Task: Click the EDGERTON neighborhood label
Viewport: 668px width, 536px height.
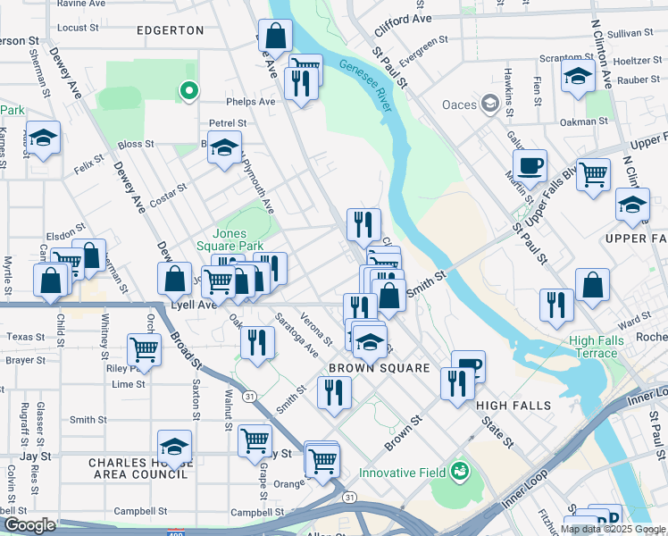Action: tap(170, 29)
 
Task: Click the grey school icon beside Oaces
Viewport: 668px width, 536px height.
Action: tap(489, 105)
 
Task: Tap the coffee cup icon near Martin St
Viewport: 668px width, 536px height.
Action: tap(530, 164)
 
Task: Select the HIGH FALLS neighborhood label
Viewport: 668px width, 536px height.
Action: tap(514, 405)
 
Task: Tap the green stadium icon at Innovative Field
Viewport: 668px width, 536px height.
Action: tap(460, 470)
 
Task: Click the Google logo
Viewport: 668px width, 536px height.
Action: tap(29, 525)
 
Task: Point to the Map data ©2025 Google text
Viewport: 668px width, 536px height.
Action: tap(613, 529)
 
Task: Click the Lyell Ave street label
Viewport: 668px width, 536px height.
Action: tap(195, 305)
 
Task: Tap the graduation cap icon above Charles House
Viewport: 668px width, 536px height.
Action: tap(174, 445)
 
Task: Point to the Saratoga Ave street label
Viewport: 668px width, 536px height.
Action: tap(297, 333)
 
